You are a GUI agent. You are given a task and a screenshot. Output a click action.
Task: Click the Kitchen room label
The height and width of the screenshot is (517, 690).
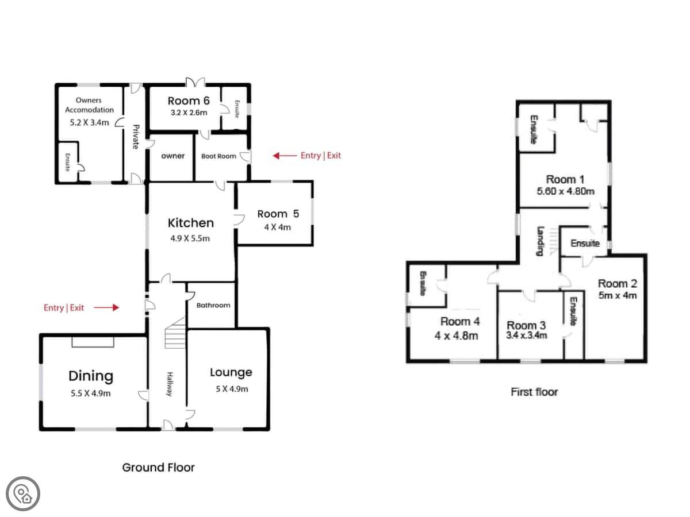pyautogui.click(x=190, y=222)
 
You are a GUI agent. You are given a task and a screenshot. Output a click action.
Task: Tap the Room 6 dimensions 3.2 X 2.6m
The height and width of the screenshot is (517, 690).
pyautogui.click(x=189, y=113)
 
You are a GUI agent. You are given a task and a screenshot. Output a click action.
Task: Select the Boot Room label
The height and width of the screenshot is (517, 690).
pyautogui.click(x=218, y=156)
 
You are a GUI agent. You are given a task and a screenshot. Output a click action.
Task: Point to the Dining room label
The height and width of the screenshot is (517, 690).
pyautogui.click(x=91, y=376)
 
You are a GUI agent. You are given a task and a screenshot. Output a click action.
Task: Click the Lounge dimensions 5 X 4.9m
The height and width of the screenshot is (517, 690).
pyautogui.click(x=232, y=389)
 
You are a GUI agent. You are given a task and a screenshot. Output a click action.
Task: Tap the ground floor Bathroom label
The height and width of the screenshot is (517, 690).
pyautogui.click(x=213, y=305)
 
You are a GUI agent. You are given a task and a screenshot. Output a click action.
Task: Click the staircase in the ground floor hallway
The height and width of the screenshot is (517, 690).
pyautogui.click(x=175, y=333)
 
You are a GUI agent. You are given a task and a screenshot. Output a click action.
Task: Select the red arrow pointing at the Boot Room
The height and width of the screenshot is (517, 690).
pyautogui.click(x=285, y=156)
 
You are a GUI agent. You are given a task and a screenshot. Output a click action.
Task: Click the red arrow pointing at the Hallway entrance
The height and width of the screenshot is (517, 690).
pyautogui.click(x=106, y=308)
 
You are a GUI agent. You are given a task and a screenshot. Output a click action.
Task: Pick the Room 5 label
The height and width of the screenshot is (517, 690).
pyautogui.click(x=278, y=214)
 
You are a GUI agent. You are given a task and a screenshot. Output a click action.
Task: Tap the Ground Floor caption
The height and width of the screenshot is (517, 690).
pyautogui.click(x=159, y=468)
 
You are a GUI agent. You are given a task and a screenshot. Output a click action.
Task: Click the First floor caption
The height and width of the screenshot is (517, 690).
pyautogui.click(x=534, y=392)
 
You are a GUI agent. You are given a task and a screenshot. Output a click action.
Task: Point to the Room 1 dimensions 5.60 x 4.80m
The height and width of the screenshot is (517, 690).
pyautogui.click(x=566, y=191)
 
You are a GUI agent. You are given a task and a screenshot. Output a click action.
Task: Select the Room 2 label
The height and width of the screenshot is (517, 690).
pyautogui.click(x=618, y=283)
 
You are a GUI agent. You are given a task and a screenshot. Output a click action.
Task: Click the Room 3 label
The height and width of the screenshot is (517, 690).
pyautogui.click(x=526, y=325)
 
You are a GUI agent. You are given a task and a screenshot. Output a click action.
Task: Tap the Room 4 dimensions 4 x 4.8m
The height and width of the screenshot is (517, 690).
pyautogui.click(x=457, y=336)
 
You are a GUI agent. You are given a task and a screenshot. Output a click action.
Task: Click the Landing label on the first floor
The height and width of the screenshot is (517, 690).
pyautogui.click(x=540, y=241)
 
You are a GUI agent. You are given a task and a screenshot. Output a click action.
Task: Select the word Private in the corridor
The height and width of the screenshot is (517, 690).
pyautogui.click(x=136, y=137)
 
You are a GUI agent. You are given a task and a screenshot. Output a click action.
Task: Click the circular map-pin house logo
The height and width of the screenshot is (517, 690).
pyautogui.click(x=23, y=494)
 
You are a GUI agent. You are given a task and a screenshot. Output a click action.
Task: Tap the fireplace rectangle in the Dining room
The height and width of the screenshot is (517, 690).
pyautogui.click(x=93, y=342)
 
